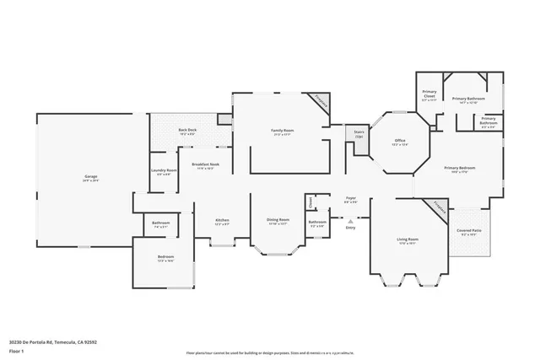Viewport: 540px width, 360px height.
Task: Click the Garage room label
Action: click(x=90, y=178)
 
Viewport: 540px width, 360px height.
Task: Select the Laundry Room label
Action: click(x=164, y=172)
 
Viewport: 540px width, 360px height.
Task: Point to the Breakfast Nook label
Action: click(x=206, y=166)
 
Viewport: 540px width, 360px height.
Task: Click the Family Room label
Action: click(x=282, y=132)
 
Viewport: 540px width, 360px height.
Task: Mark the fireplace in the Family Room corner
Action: click(x=320, y=101)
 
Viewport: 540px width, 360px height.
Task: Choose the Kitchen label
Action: click(x=222, y=222)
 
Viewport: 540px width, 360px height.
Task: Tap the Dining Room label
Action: click(x=278, y=222)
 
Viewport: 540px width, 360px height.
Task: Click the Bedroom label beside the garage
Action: click(x=165, y=259)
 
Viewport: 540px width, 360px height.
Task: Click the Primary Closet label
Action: click(x=429, y=95)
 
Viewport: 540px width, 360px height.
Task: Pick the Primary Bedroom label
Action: click(x=461, y=169)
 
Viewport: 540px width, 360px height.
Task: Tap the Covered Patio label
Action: click(x=470, y=232)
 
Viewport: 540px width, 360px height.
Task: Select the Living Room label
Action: click(x=408, y=241)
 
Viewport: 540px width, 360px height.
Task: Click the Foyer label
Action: click(x=351, y=200)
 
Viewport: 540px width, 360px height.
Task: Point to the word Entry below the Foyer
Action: click(x=351, y=228)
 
